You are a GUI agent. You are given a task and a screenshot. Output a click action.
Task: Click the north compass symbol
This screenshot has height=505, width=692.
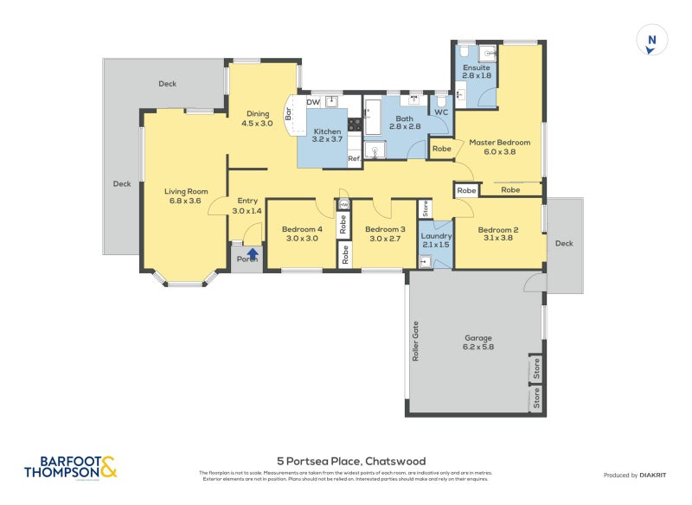pyautogui.click(x=652, y=41)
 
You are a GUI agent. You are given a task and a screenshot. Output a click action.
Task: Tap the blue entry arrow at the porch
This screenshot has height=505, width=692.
pyautogui.click(x=253, y=253)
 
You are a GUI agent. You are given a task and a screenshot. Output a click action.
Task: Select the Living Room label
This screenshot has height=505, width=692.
pyautogui.click(x=187, y=192)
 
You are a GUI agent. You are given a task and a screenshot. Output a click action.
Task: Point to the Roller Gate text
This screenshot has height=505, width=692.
pyautogui.click(x=416, y=342)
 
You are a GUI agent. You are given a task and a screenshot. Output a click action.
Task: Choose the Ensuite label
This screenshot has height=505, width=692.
pyautogui.click(x=477, y=67)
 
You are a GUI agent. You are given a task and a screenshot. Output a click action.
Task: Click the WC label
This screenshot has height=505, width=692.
pyautogui.click(x=440, y=112)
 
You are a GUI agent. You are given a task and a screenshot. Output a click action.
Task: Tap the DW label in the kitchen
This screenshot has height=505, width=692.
pyautogui.click(x=313, y=102)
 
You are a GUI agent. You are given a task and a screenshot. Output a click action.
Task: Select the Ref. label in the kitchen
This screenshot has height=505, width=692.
pyautogui.click(x=354, y=158)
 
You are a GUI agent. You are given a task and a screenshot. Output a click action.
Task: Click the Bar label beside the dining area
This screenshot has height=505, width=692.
pyautogui.click(x=289, y=113)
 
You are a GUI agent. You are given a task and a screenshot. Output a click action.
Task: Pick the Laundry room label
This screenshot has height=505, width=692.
pyautogui.click(x=436, y=235)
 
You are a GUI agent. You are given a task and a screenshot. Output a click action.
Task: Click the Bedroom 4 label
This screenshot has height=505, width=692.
pyautogui.click(x=300, y=230)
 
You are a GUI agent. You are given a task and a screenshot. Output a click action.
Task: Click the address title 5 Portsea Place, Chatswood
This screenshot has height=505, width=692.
pyautogui.click(x=351, y=461)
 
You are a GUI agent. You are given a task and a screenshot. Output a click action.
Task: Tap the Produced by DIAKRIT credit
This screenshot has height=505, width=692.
pyautogui.click(x=638, y=475)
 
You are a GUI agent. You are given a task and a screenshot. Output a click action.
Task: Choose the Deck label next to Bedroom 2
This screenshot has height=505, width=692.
pyautogui.click(x=564, y=243)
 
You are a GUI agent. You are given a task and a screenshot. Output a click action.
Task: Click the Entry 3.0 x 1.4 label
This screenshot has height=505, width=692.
pyautogui.click(x=247, y=206)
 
